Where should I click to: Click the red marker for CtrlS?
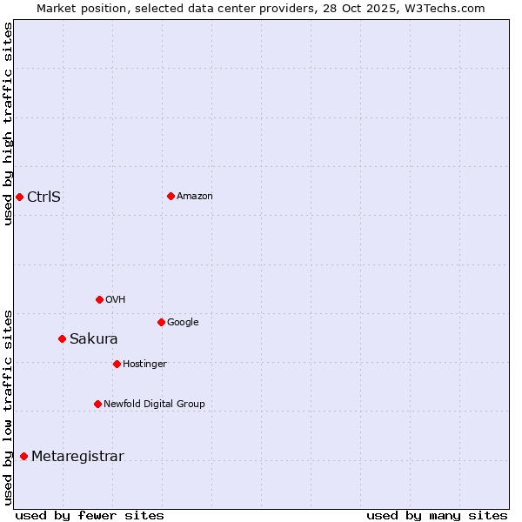tap(19, 197)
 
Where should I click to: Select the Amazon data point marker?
tap(171, 196)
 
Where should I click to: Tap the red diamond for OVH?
tap(99, 299)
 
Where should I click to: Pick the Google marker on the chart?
tap(161, 322)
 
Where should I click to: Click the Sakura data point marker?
tap(62, 338)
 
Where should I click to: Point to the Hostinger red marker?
tap(117, 364)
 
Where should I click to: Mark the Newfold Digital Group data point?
tap(97, 404)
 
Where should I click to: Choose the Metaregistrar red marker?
tap(23, 456)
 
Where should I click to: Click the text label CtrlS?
tap(43, 197)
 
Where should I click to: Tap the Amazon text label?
tap(195, 196)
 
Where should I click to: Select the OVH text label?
tap(116, 299)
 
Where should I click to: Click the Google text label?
tap(183, 322)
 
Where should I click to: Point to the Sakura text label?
tap(93, 338)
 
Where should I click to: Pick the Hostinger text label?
tap(144, 364)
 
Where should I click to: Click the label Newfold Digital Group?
tap(154, 404)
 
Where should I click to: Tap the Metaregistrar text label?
tap(77, 456)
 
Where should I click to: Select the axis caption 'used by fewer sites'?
tap(90, 515)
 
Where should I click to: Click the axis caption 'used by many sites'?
tap(437, 515)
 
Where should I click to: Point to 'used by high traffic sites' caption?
tap(8, 124)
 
